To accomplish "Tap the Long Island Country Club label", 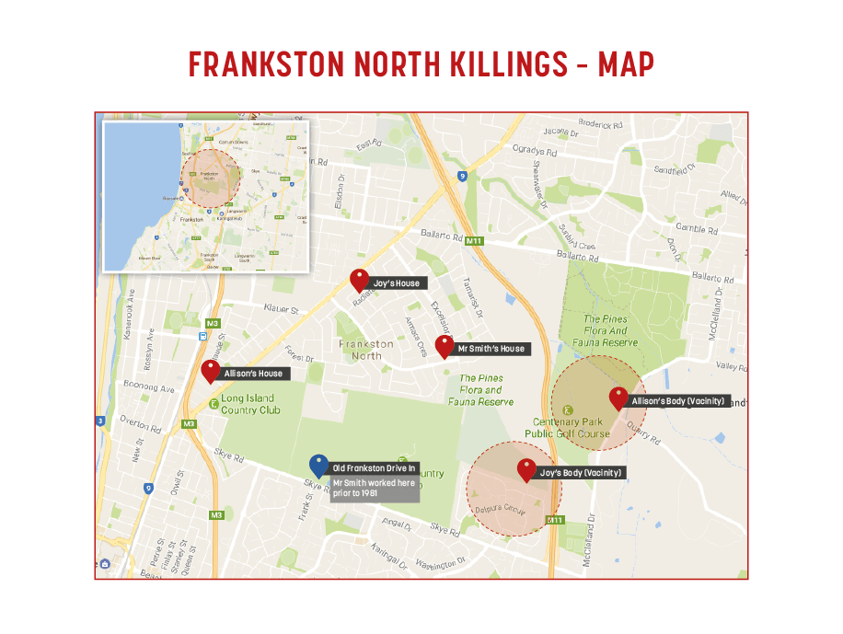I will pos(251,404).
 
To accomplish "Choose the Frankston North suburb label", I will pos(366,350).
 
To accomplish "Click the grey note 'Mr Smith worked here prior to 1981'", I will pos(374,489).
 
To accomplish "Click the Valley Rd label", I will pos(732,366).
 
